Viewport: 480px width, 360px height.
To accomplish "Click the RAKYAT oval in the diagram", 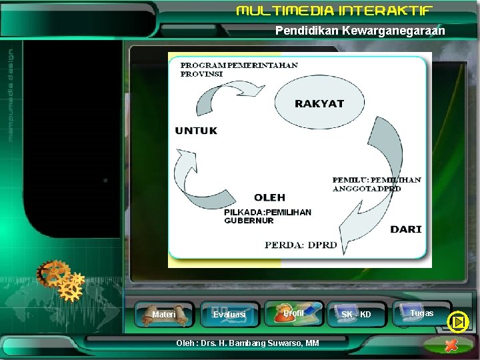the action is click(319, 103).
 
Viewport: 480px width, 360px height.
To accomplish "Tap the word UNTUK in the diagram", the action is click(196, 131).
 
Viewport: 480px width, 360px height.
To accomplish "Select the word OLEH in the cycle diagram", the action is click(269, 197).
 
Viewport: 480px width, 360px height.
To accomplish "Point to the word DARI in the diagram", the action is click(405, 229).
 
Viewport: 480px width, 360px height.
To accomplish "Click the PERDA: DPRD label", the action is click(301, 245).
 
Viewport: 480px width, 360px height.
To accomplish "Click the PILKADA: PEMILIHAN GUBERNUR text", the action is click(267, 216).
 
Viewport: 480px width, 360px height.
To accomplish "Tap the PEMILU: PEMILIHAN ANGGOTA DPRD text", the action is click(377, 184).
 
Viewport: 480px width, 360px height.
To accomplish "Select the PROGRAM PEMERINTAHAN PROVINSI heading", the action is click(239, 69).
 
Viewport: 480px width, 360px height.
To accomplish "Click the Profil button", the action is click(294, 313).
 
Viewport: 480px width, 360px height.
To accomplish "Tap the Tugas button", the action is click(421, 313).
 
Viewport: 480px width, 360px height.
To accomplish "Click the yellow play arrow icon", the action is click(458, 322).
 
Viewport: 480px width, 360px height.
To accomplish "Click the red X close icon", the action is click(451, 345).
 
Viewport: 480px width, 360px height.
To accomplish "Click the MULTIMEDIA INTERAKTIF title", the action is click(335, 11).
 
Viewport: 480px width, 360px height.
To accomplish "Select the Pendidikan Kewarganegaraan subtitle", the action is click(360, 31).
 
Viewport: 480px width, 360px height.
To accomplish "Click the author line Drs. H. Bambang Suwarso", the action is click(247, 343).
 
